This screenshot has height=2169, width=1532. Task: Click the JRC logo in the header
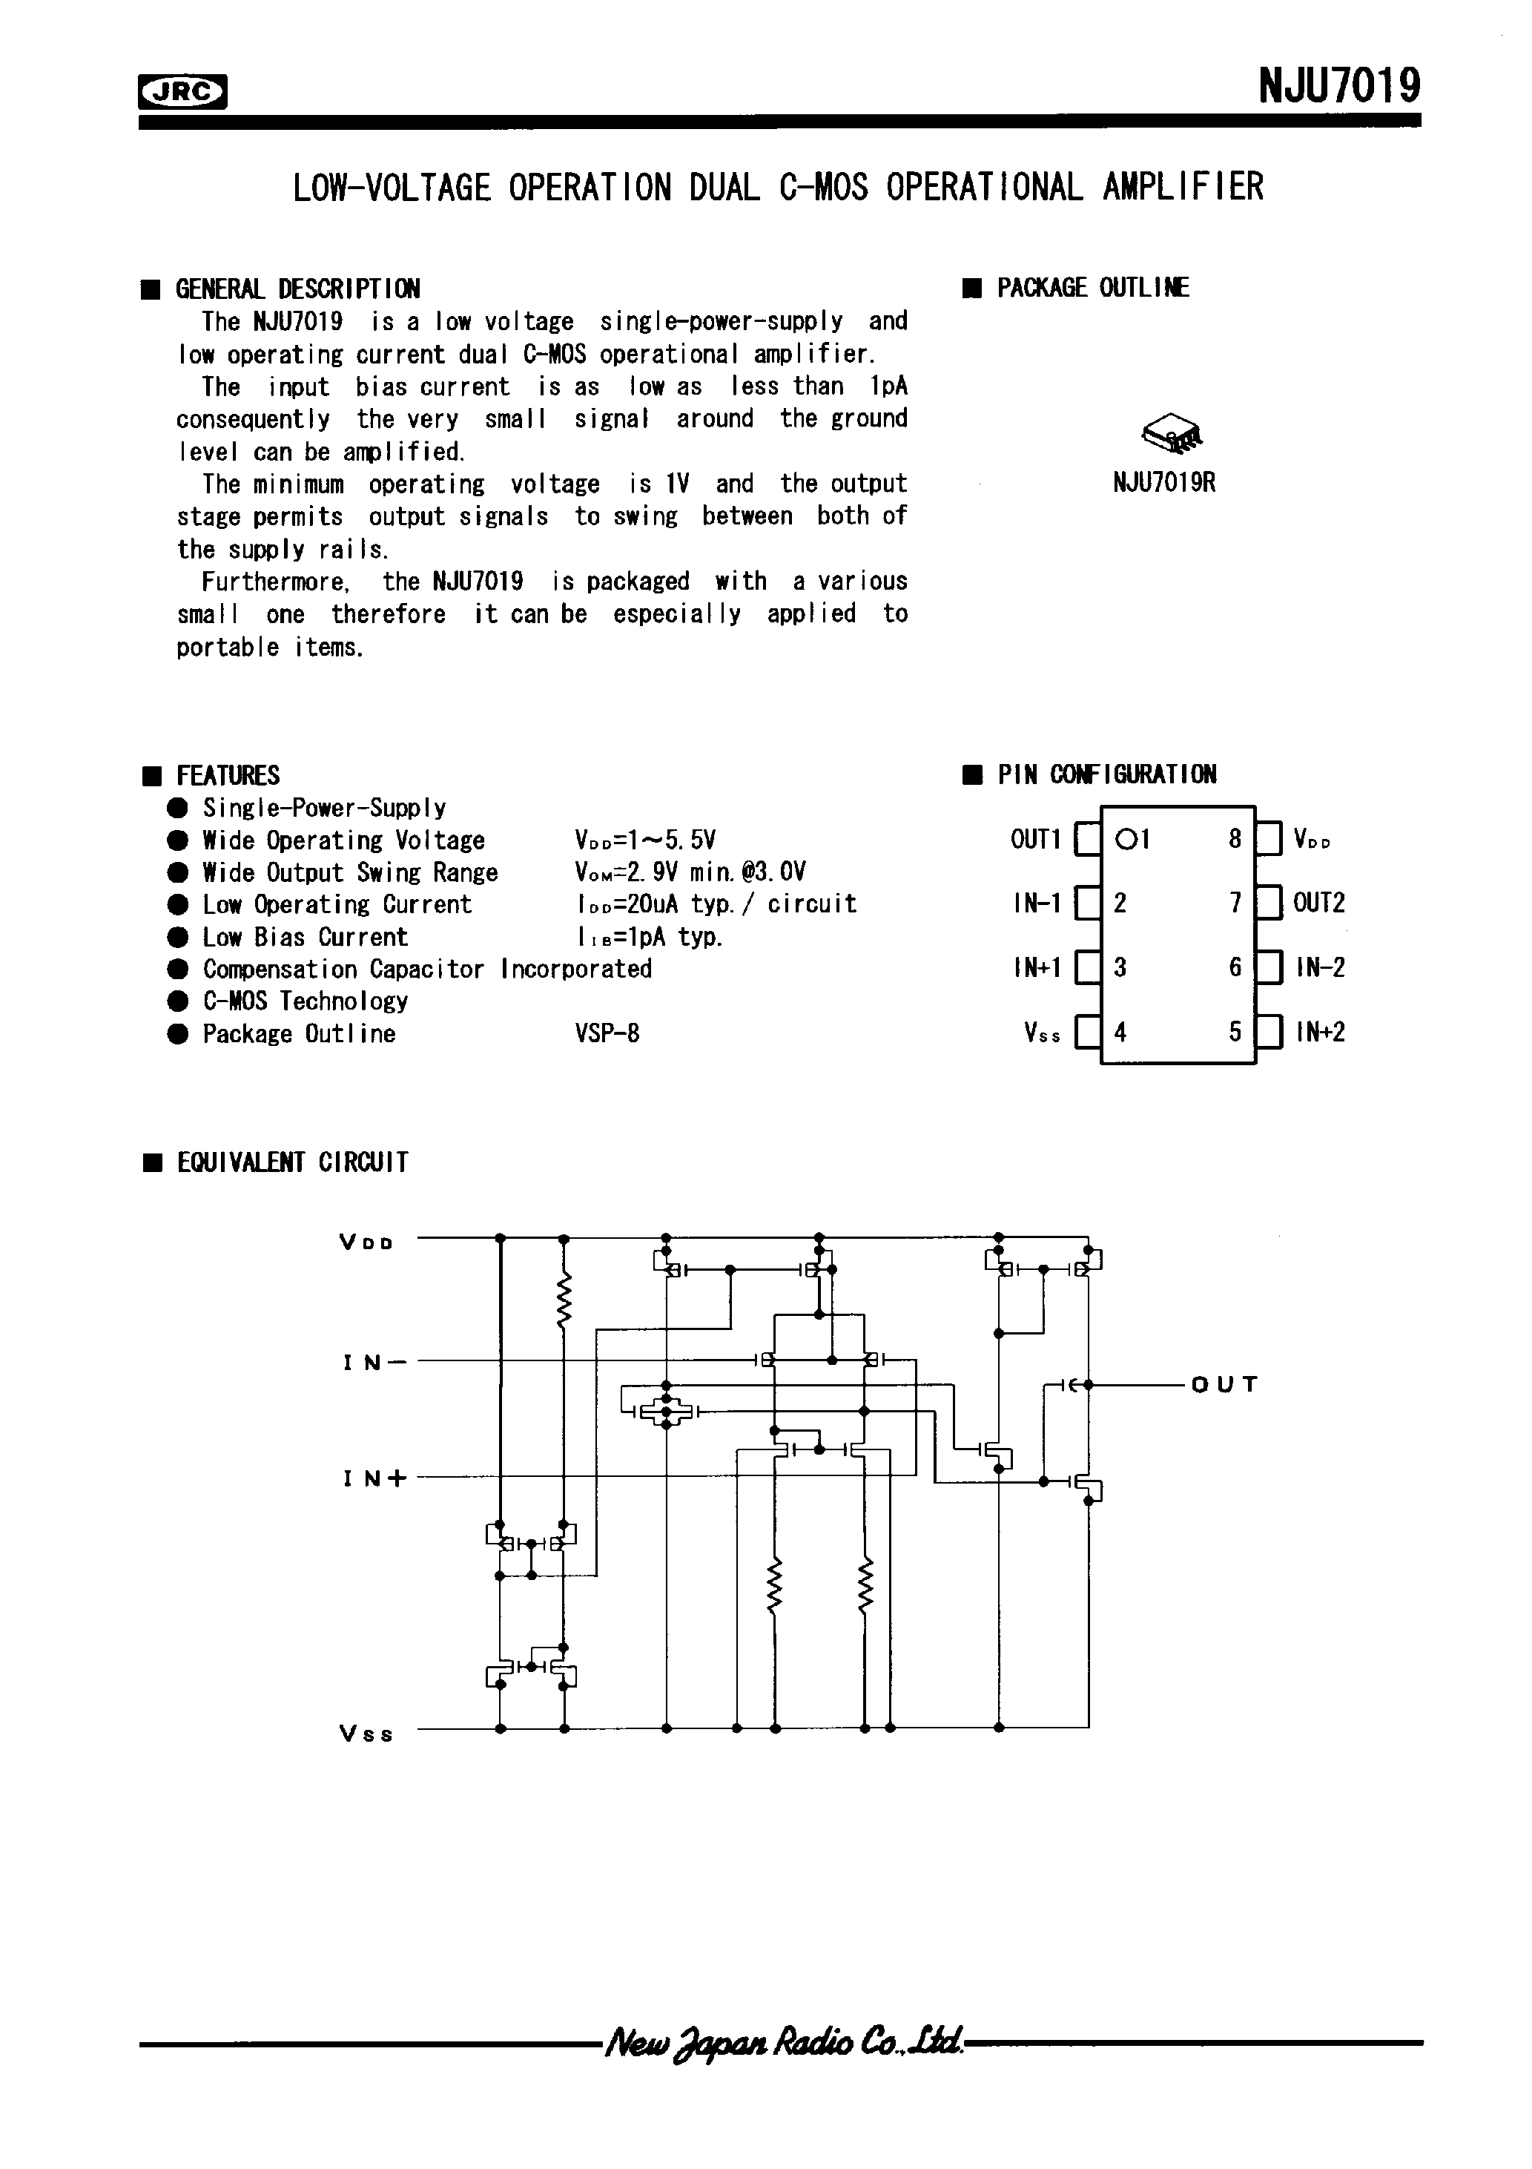coord(183,92)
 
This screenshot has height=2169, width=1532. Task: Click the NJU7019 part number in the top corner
coord(1338,87)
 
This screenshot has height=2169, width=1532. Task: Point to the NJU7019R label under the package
coord(1163,484)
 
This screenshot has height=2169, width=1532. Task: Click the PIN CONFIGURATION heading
coord(1106,774)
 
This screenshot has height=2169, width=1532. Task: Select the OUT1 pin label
coord(1036,839)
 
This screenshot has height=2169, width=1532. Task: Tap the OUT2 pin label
coord(1318,903)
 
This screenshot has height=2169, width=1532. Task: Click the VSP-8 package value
coord(607,1033)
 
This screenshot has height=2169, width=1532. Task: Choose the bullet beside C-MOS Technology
coord(177,1001)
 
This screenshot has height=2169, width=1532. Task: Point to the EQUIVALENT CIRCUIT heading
coord(292,1162)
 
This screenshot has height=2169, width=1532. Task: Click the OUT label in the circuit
coord(1224,1385)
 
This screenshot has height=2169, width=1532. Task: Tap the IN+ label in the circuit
coord(374,1478)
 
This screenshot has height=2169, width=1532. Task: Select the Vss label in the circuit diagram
coord(366,1734)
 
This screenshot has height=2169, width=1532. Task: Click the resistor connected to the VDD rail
coord(564,1303)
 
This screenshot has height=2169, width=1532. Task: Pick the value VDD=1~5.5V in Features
coord(645,840)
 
